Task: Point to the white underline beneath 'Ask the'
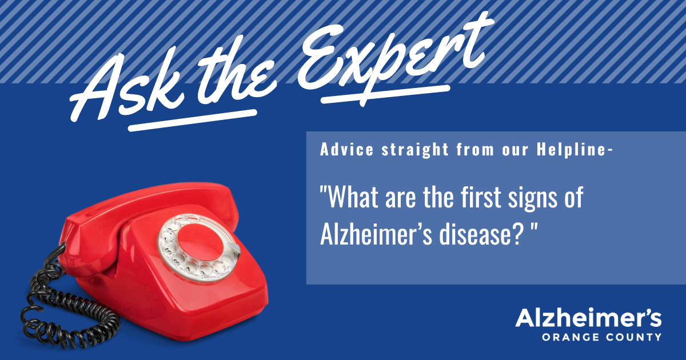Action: tap(192, 121)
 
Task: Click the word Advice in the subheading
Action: tap(346, 149)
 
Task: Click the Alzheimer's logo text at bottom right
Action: tap(588, 318)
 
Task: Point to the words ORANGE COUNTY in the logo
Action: tap(601, 337)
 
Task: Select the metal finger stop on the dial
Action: tap(234, 248)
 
